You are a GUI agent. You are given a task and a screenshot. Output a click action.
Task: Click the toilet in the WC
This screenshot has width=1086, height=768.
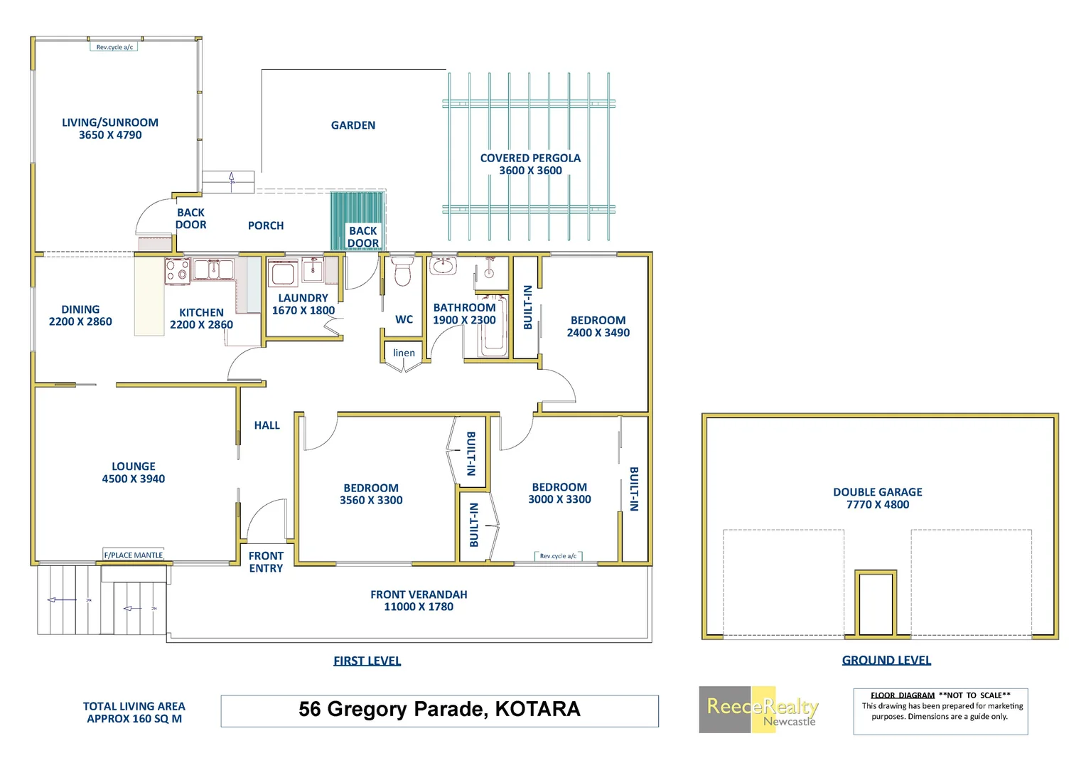click(x=402, y=272)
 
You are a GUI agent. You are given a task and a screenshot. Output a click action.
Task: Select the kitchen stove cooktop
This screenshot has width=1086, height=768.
click(x=178, y=272)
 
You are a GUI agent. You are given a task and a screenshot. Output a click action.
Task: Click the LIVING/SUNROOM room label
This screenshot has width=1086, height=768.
click(x=110, y=122)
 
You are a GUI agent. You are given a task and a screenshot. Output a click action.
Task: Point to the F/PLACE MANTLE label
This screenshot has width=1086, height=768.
click(x=134, y=555)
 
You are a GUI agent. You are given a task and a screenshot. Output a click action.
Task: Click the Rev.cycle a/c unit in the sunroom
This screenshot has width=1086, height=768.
click(x=114, y=47)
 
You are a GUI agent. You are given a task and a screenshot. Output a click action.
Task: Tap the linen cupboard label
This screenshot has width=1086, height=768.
click(x=404, y=353)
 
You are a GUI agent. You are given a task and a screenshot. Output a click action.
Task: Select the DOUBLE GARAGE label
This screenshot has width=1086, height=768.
click(x=878, y=492)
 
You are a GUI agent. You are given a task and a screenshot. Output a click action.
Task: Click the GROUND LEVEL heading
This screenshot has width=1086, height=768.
click(x=886, y=660)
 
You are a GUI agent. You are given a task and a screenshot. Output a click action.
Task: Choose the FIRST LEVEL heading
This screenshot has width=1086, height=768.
click(x=367, y=661)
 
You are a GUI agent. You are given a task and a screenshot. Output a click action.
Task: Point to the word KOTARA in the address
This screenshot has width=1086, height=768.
click(x=537, y=709)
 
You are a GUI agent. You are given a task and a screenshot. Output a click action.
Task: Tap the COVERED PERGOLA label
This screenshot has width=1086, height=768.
click(x=530, y=158)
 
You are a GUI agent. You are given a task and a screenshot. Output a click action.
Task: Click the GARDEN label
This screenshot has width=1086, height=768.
click(x=353, y=125)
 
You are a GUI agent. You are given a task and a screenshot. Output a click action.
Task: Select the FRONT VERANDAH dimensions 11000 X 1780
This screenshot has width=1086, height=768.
click(x=419, y=607)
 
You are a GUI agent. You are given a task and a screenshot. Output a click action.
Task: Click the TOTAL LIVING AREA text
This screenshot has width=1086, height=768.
click(x=134, y=706)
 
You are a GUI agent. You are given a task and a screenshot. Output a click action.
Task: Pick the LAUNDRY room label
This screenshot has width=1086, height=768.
click(x=303, y=298)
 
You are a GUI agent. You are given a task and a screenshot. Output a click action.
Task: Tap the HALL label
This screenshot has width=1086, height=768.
click(x=267, y=425)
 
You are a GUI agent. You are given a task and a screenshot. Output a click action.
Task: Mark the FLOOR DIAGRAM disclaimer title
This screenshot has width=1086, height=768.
click(x=903, y=695)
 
